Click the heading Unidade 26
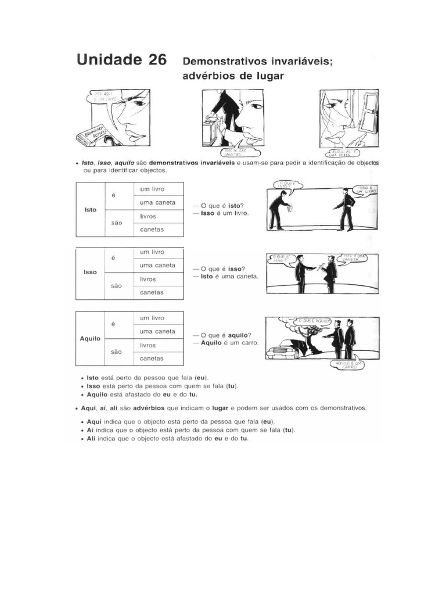tap(120, 60)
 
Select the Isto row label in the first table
tap(90, 209)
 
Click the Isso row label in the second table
tap(90, 272)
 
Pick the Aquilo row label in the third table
tap(90, 338)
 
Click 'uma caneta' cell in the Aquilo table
tap(157, 331)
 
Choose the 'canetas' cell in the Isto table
tap(152, 230)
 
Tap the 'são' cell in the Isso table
tap(116, 285)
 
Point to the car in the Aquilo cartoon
tap(283, 350)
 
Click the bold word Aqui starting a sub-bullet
tap(94, 421)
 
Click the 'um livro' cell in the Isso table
tap(152, 252)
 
